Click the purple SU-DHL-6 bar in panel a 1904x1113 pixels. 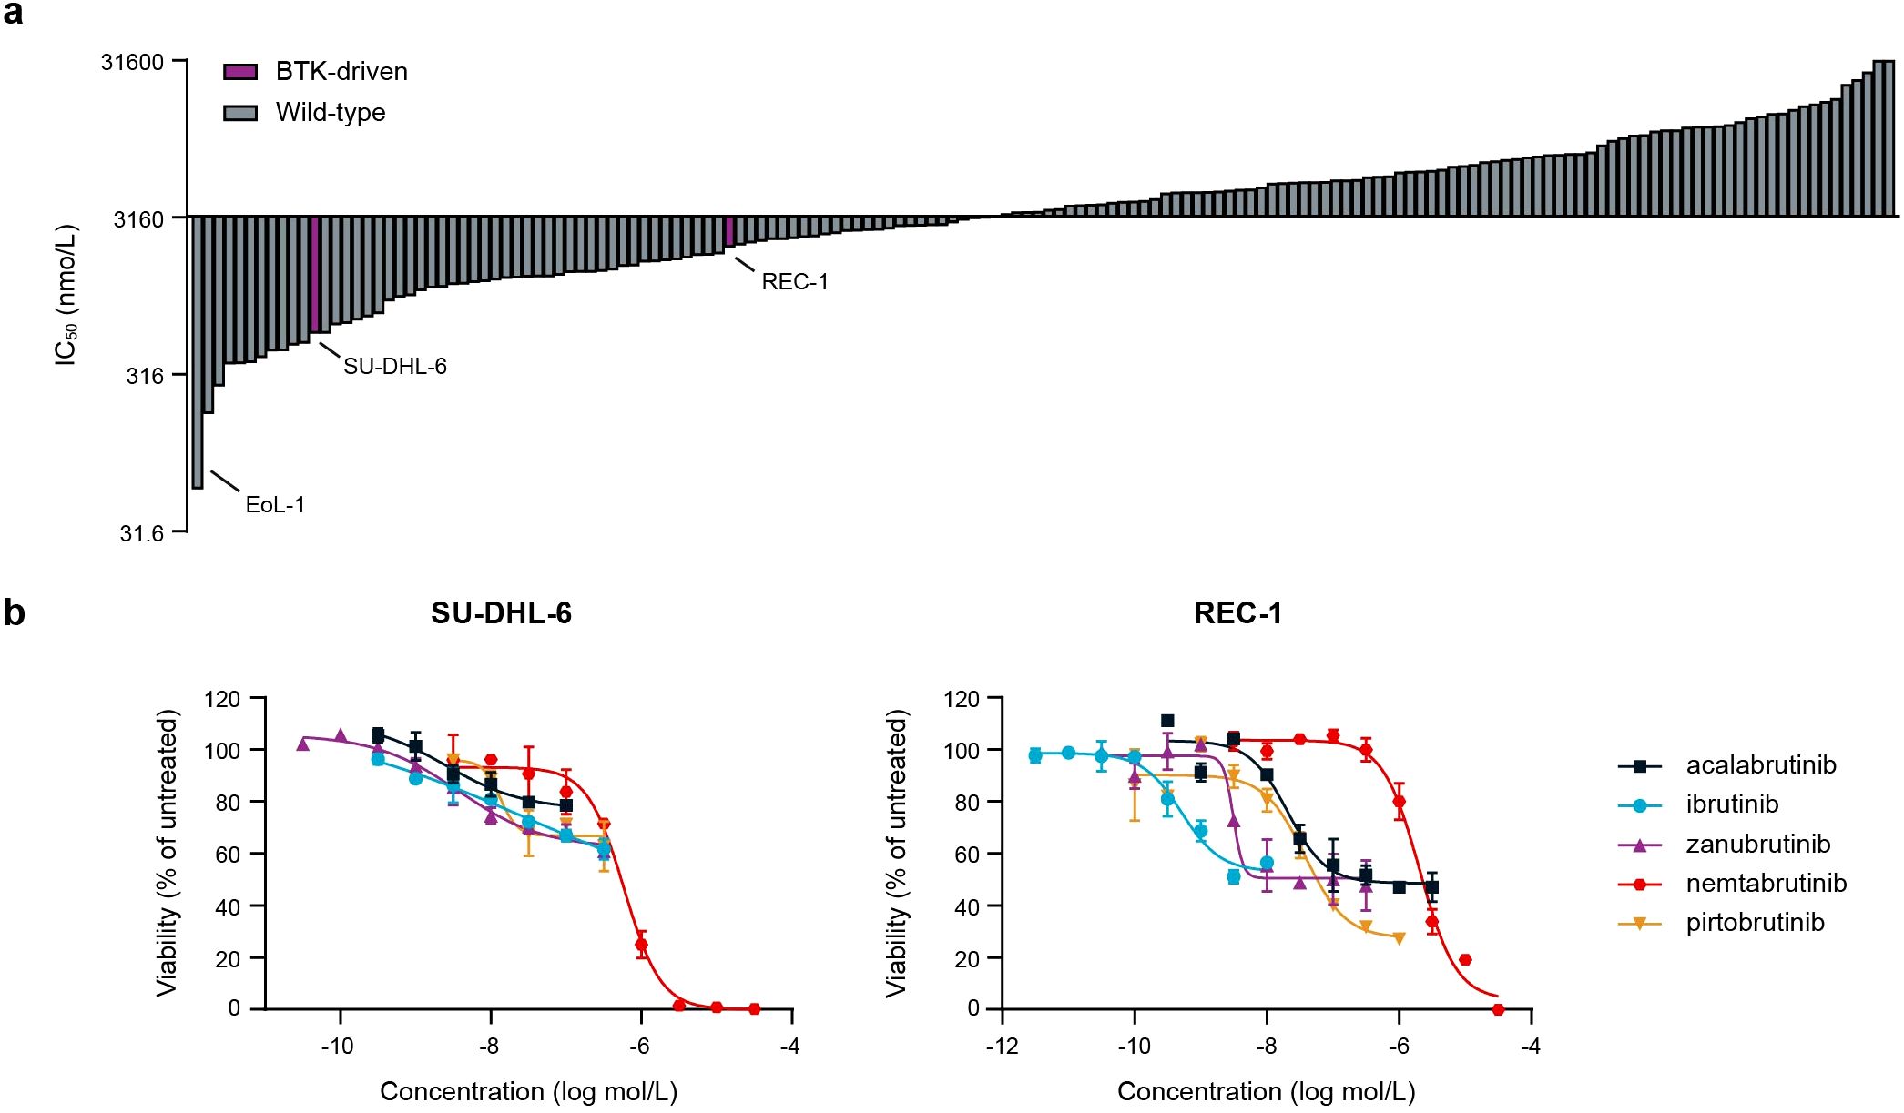coord(314,274)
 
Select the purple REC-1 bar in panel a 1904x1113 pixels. coord(729,231)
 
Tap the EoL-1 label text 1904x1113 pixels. coord(275,505)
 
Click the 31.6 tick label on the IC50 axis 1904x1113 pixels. coord(141,533)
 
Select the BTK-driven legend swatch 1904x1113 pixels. coord(240,72)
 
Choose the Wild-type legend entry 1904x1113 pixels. coord(330,113)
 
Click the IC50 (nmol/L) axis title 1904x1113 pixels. coord(66,296)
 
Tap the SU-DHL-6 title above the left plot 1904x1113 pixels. coord(501,613)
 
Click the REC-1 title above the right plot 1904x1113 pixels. coord(1237,613)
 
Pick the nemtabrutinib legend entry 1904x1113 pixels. coord(1765,884)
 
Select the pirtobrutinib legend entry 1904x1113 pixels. coord(1755,923)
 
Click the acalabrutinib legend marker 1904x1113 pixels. coord(1640,766)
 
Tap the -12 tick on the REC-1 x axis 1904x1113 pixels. coord(1002,1047)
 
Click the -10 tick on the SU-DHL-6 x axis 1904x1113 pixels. coord(338,1047)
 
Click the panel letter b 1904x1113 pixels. coord(14,613)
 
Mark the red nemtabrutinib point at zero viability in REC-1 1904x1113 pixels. coord(1498,1009)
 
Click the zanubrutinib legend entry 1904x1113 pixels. coord(1757,845)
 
